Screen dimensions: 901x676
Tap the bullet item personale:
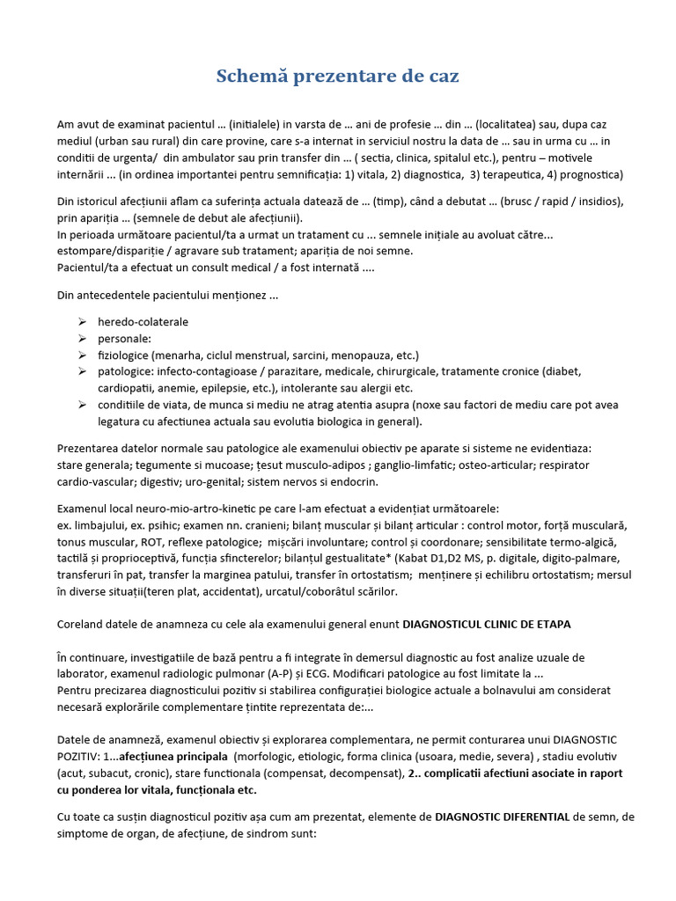(x=124, y=339)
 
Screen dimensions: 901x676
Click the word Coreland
(x=83, y=625)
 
